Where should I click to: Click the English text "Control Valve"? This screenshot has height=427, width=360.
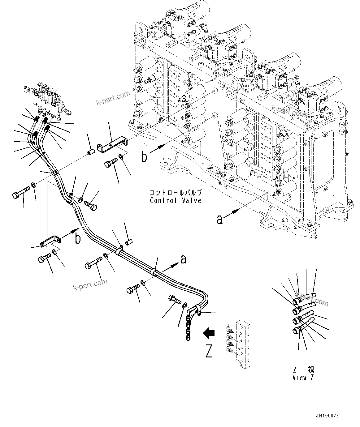click(176, 201)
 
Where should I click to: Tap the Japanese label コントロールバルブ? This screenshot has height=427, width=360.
click(176, 192)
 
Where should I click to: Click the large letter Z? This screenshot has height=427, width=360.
click(209, 352)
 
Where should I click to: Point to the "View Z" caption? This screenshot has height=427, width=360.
click(303, 378)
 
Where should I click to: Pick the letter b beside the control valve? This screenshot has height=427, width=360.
click(144, 157)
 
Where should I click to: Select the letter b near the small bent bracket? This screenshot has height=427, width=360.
click(78, 239)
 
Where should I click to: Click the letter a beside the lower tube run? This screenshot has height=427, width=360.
click(183, 259)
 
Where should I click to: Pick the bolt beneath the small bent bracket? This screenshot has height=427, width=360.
click(44, 258)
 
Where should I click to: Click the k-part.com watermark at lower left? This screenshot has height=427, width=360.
click(90, 284)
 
